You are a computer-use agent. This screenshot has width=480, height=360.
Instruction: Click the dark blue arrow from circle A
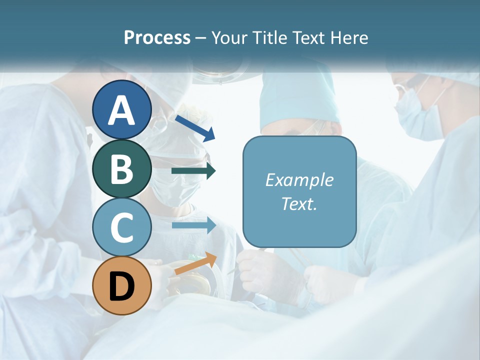(195, 128)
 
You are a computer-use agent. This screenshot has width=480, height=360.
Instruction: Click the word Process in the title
(157, 38)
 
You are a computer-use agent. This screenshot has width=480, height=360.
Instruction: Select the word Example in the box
(299, 180)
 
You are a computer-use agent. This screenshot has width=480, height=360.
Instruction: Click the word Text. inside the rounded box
(299, 203)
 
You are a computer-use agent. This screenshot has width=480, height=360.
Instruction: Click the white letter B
(122, 169)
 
